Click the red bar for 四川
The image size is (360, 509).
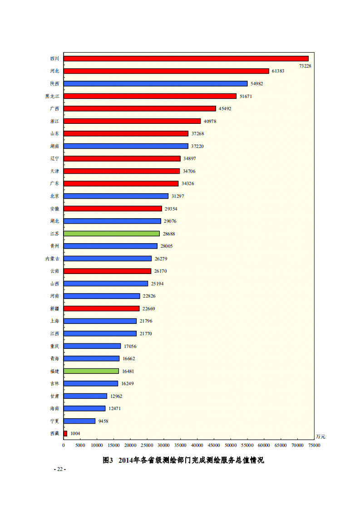186,59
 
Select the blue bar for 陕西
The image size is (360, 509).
156,83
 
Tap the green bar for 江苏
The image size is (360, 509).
112,234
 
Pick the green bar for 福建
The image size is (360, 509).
91,371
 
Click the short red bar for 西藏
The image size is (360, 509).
65,434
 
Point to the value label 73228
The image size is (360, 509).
305,66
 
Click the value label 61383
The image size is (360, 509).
278,71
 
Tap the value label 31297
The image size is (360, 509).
178,196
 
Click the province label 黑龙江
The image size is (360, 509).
52,96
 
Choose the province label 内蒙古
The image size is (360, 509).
52,259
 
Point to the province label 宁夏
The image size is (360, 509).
54,421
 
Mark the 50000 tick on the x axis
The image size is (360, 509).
231,445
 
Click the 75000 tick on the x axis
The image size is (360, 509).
314,445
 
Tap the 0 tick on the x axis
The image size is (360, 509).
64,445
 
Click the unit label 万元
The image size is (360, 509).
321,437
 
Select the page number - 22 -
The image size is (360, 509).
60,469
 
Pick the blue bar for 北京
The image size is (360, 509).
116,196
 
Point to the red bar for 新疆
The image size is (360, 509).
102,308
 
